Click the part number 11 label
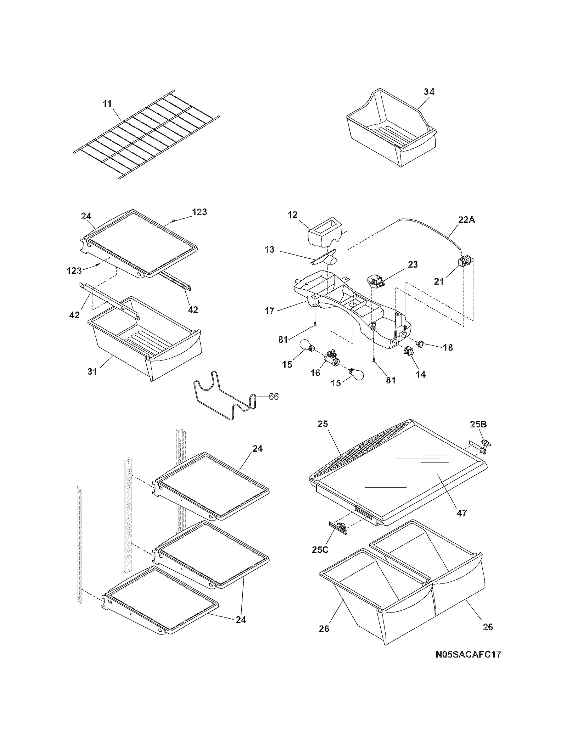pos(107,103)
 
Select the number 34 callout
pos(429,91)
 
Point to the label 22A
pos(466,220)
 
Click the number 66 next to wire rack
pos(274,397)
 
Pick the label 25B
pos(478,424)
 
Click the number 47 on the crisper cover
pos(462,513)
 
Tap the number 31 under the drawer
pos(92,371)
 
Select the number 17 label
pos(269,311)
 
